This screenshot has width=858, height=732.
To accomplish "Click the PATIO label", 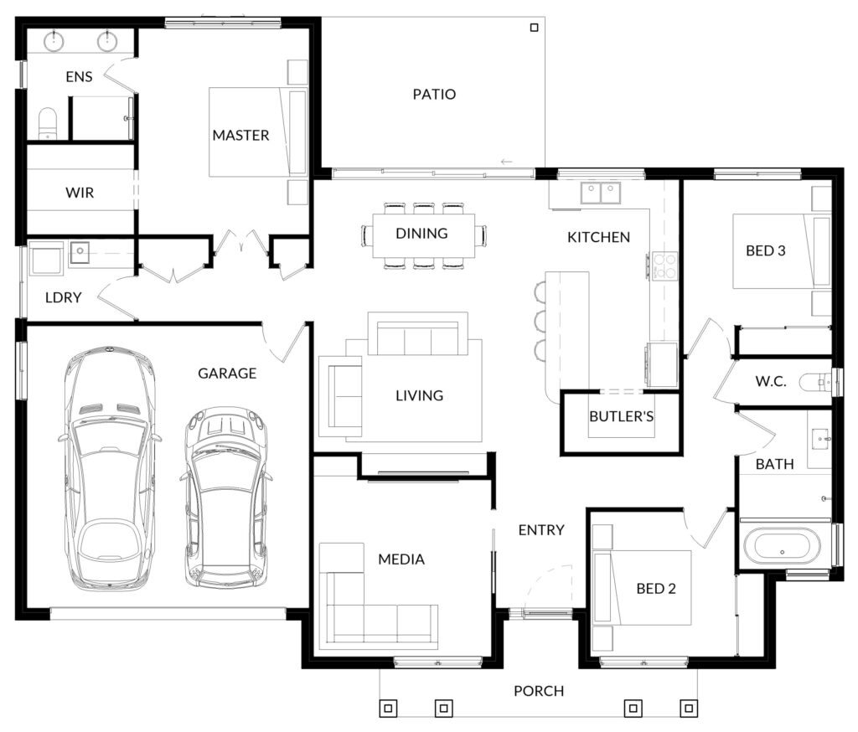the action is pyautogui.click(x=434, y=94).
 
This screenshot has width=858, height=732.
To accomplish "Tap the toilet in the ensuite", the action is pyautogui.click(x=47, y=123).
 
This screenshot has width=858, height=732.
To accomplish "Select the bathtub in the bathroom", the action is pyautogui.click(x=782, y=545).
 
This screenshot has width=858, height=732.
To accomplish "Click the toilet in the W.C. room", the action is pyautogui.click(x=816, y=382).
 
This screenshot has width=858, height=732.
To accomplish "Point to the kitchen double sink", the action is pyautogui.click(x=600, y=193).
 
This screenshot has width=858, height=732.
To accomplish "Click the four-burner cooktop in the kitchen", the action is pyautogui.click(x=664, y=265).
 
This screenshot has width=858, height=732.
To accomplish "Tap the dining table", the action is pyautogui.click(x=423, y=235).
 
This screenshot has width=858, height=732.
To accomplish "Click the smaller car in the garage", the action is pyautogui.click(x=226, y=497).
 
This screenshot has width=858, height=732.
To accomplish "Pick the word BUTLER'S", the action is pyautogui.click(x=621, y=416).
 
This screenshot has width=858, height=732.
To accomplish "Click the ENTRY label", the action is pyautogui.click(x=541, y=529).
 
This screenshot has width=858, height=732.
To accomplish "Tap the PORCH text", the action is pyautogui.click(x=539, y=691).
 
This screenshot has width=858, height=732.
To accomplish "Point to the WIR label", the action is pyautogui.click(x=80, y=193).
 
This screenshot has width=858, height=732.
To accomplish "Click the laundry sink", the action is pyautogui.click(x=80, y=251).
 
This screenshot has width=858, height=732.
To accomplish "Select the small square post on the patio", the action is pyautogui.click(x=534, y=28).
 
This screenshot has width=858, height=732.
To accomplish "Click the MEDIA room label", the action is pyautogui.click(x=401, y=559).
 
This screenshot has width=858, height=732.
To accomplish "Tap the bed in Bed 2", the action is pyautogui.click(x=642, y=588).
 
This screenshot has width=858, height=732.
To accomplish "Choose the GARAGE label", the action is pyautogui.click(x=227, y=373).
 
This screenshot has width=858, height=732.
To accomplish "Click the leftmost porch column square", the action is pyautogui.click(x=388, y=709).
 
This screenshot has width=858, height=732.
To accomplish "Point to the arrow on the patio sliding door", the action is pyautogui.click(x=507, y=162).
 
